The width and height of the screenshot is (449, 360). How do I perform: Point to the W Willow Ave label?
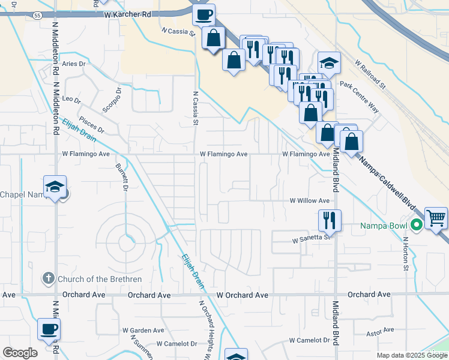(310, 201)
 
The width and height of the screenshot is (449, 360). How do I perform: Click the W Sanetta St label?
(312, 238)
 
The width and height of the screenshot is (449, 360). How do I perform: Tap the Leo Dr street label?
(71, 99)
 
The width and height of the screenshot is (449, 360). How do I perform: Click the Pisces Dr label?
(92, 125)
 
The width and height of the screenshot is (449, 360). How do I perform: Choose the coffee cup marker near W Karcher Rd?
(203, 14)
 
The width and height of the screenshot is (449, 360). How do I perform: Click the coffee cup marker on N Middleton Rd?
(49, 329)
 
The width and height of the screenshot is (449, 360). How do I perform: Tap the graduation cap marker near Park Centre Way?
(329, 63)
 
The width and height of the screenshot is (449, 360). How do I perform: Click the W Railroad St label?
(369, 74)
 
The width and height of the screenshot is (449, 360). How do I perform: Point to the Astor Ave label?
(381, 329)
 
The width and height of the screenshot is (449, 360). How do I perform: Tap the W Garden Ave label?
(143, 330)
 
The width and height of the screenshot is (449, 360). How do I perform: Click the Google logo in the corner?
(20, 353)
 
